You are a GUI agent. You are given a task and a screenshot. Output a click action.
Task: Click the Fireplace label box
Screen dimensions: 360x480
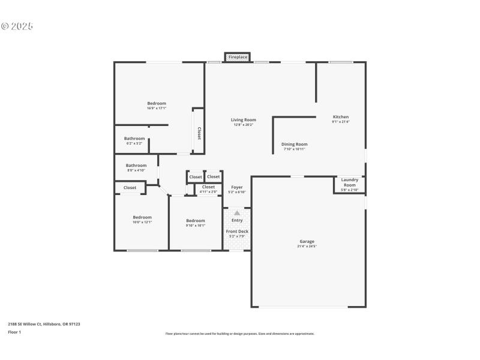(238, 57)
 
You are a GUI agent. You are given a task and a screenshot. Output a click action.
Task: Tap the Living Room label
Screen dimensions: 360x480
(244, 120)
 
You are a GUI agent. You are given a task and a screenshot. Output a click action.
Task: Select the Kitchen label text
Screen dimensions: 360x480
(341, 117)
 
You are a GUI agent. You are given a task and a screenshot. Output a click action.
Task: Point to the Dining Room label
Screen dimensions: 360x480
(295, 144)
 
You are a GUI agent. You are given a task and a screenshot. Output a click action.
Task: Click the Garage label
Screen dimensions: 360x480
(307, 241)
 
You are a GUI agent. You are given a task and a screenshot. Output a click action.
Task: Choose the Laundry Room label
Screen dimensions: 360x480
(350, 182)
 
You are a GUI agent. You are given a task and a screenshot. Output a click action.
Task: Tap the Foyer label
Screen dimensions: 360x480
(237, 187)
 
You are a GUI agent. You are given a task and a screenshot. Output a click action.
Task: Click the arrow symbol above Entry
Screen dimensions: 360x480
(237, 213)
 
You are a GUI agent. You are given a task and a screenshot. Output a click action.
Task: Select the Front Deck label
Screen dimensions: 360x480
(237, 232)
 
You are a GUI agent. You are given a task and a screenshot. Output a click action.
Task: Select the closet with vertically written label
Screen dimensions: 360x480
(199, 133)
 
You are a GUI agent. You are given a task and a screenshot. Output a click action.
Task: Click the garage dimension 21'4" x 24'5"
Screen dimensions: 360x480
(307, 246)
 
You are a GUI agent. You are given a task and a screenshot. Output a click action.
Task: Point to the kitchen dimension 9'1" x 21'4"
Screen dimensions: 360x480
(341, 122)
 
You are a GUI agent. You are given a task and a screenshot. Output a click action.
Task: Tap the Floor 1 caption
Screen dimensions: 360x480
(14, 332)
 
